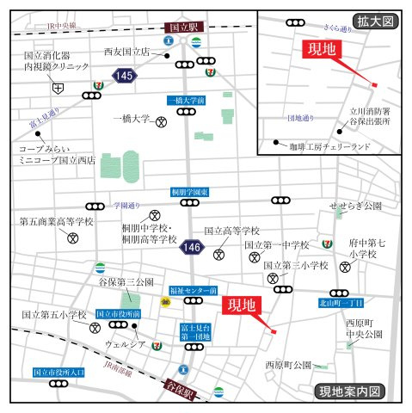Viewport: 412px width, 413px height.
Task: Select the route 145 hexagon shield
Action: click(125, 77)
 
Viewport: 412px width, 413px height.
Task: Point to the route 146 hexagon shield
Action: click(192, 248)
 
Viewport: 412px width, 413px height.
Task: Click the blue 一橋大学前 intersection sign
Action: click(188, 101)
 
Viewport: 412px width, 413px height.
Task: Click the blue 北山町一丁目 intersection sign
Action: click(341, 302)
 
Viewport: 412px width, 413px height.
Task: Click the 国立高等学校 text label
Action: click(231, 231)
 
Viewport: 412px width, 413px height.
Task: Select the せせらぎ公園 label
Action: click(355, 206)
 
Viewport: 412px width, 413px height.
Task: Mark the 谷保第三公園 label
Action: click(126, 281)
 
